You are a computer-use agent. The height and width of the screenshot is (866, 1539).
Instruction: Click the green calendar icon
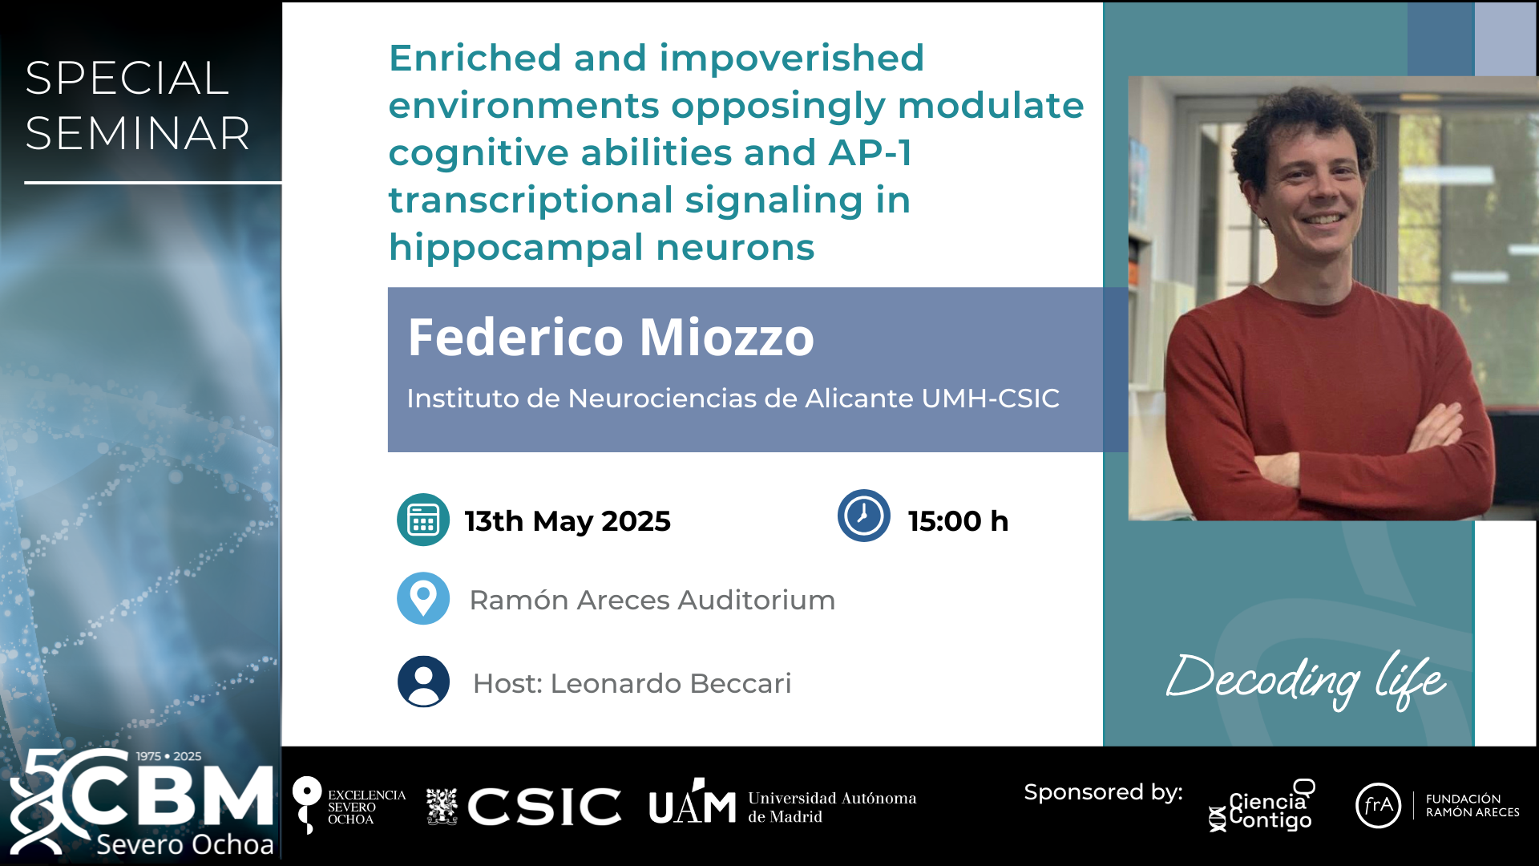423,520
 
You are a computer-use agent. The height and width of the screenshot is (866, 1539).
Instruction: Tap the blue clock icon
864,516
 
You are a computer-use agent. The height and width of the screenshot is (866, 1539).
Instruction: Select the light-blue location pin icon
423,598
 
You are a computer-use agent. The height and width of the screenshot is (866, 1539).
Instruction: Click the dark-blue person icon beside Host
423,682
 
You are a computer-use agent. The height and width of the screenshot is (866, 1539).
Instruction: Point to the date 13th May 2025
568,521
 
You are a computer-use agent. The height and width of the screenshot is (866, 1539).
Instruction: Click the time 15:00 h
958,521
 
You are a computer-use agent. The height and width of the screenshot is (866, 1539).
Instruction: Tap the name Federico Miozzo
611,337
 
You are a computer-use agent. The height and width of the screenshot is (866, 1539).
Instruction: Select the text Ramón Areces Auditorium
652,600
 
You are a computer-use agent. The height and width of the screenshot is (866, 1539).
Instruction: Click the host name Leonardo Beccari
671,683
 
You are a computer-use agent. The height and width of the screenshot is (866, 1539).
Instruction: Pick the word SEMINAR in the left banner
138,133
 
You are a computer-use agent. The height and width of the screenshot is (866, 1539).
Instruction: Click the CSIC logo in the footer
544,806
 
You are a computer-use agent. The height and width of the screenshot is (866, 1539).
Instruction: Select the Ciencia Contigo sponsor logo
1262,806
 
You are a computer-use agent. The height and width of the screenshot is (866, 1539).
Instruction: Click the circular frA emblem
1378,805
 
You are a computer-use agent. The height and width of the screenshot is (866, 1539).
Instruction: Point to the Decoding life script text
1306,680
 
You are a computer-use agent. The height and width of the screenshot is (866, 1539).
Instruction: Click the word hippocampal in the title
515,248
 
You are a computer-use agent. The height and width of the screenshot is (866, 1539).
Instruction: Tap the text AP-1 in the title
870,152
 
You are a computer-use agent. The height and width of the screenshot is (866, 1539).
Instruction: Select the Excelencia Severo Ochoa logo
349,806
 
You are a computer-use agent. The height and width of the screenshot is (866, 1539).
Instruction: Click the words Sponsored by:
1104,792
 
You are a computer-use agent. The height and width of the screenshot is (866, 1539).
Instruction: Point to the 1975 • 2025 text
168,756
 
